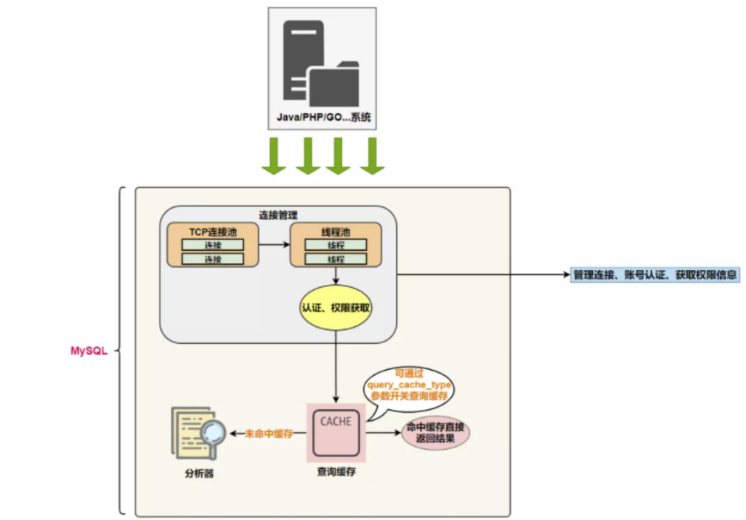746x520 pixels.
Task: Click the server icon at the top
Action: point(322,63)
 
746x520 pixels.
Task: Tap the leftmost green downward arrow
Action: point(274,156)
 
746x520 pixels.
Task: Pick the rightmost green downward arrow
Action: point(373,156)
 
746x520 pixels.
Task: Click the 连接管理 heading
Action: point(279,215)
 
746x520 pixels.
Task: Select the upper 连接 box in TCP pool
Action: point(213,245)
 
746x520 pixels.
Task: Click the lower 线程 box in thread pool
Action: point(336,259)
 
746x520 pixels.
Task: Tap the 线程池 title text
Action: point(336,232)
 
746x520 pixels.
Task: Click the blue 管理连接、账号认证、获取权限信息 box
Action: point(655,274)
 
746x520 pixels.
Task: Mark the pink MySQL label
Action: point(89,351)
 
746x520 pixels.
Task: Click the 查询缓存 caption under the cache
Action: point(336,471)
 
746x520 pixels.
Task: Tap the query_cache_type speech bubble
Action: point(410,387)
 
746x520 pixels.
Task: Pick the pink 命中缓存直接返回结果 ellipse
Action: point(435,433)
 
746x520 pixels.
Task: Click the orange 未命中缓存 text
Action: point(269,433)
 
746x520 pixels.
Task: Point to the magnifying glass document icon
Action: point(198,433)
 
